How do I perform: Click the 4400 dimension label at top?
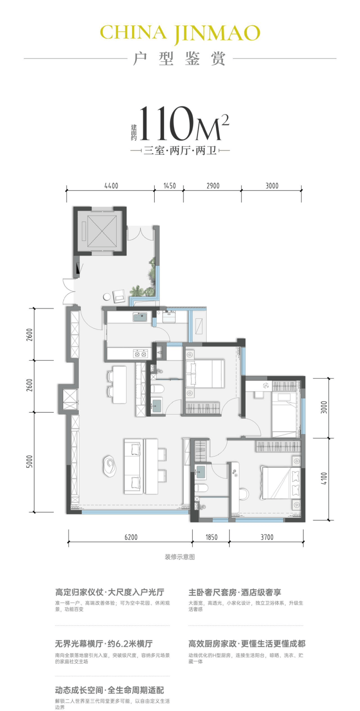pyautogui.click(x=111, y=186)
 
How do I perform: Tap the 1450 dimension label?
pyautogui.click(x=169, y=186)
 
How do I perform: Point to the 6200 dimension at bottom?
pyautogui.click(x=131, y=537)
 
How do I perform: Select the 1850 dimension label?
pyautogui.click(x=211, y=537)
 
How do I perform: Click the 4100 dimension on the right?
pyautogui.click(x=324, y=479)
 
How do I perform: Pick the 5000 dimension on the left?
pyautogui.click(x=30, y=462)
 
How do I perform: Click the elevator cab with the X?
pyautogui.click(x=100, y=231)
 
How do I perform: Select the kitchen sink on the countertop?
pyautogui.click(x=140, y=317)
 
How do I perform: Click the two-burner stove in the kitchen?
pyautogui.click(x=140, y=353)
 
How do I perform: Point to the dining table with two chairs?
pyautogui.click(x=117, y=384)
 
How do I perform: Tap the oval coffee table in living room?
pyautogui.click(x=110, y=466)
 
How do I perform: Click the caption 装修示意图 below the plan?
pyautogui.click(x=180, y=557)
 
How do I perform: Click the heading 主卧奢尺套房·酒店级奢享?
pyautogui.click(x=235, y=592)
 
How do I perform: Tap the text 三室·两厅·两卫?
pyautogui.click(x=180, y=150)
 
